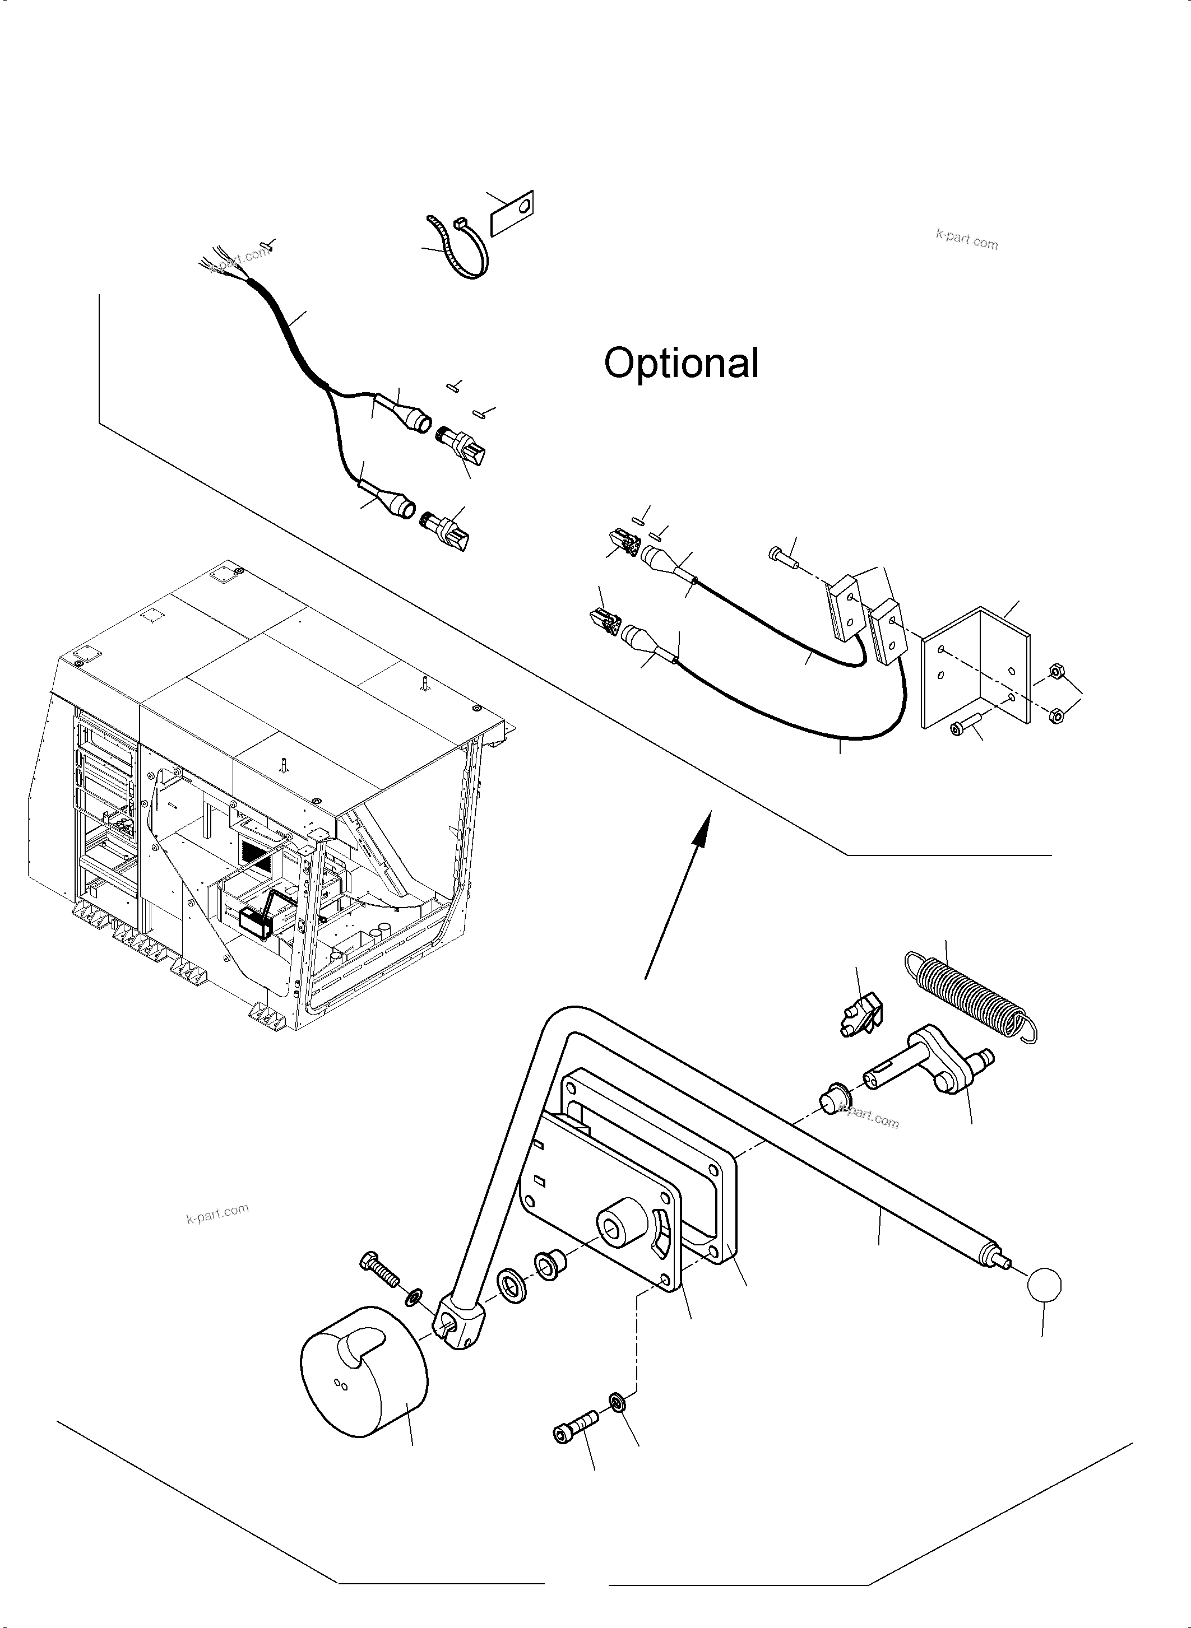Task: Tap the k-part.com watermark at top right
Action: (x=966, y=239)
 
